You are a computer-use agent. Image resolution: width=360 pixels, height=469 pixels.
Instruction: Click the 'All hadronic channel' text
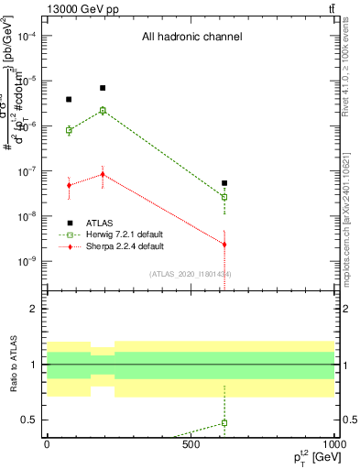(x=191, y=38)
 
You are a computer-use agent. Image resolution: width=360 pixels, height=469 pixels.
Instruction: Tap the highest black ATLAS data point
(x=103, y=88)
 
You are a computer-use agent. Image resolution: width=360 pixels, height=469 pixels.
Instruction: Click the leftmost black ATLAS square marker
(x=69, y=99)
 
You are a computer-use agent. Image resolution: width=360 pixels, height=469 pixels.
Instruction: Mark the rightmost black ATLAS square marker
(x=224, y=183)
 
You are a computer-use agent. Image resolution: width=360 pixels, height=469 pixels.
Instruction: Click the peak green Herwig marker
(x=103, y=110)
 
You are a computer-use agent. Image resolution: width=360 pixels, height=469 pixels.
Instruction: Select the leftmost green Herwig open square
(x=69, y=130)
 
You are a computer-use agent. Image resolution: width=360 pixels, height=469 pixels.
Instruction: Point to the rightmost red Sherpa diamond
(x=224, y=244)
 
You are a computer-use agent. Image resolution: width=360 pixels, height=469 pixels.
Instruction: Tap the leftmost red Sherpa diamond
(x=69, y=185)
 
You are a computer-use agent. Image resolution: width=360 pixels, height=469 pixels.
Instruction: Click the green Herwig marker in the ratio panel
(x=224, y=423)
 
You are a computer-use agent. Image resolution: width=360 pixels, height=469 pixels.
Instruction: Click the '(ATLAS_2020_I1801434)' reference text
(x=191, y=274)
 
